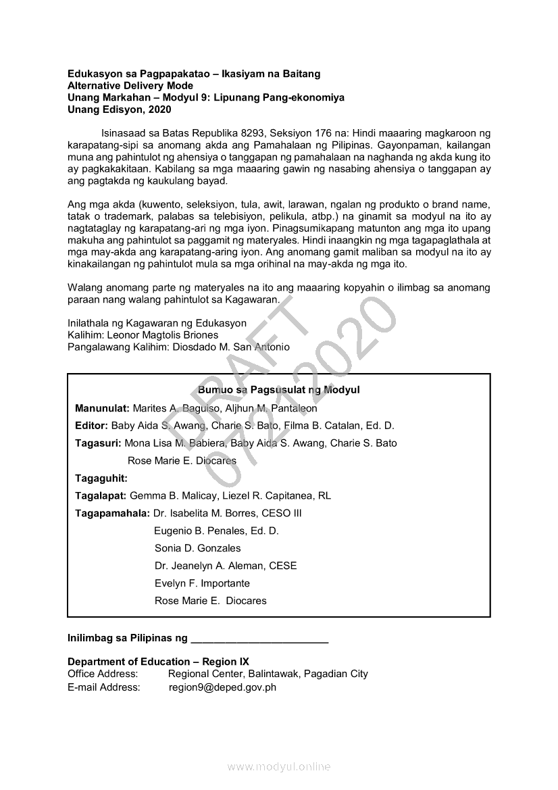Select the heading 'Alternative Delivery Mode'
pos(130,86)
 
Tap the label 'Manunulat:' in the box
pos(102,408)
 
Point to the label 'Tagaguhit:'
pos(101,478)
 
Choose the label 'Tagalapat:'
pos(101,495)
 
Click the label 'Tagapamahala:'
pos(113,513)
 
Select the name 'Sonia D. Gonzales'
pos(197,548)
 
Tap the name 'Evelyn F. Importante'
pos(202,583)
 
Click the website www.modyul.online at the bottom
pos(279,767)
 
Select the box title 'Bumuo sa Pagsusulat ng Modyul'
pos(278,390)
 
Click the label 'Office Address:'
pos(103,674)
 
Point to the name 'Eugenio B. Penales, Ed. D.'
pos(216,530)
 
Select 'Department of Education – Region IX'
pos(158,662)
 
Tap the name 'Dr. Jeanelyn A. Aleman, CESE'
pos(226,566)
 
